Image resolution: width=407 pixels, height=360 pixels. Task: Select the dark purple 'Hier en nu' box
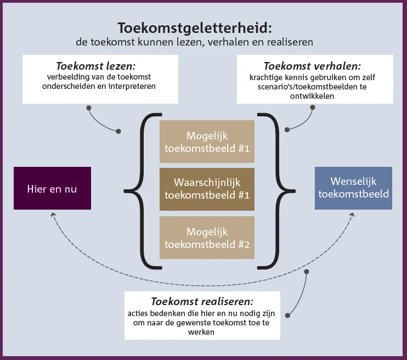[53, 188]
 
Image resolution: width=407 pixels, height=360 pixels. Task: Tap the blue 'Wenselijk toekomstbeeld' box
[353, 188]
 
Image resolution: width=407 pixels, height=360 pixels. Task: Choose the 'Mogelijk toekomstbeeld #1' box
[207, 142]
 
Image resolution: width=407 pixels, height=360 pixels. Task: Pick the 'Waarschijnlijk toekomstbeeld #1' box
[207, 189]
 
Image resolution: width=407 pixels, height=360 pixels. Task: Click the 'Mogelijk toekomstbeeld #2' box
[207, 238]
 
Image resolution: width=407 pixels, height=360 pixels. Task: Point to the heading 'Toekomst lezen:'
[96, 66]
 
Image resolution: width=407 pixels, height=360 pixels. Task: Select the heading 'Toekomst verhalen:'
[312, 66]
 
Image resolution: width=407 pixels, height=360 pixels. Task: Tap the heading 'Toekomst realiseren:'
[202, 302]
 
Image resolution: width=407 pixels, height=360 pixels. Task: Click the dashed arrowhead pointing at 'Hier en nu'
[53, 215]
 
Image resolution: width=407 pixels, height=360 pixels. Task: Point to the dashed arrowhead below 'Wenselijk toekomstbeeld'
[352, 215]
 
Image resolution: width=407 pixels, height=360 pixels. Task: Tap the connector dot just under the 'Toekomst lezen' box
[89, 108]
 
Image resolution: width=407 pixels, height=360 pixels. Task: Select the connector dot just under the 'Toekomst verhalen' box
[313, 107]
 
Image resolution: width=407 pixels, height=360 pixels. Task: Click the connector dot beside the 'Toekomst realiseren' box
[287, 316]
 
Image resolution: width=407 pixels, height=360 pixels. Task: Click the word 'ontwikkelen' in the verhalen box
[312, 96]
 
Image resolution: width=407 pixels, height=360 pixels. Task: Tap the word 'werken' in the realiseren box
[201, 332]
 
